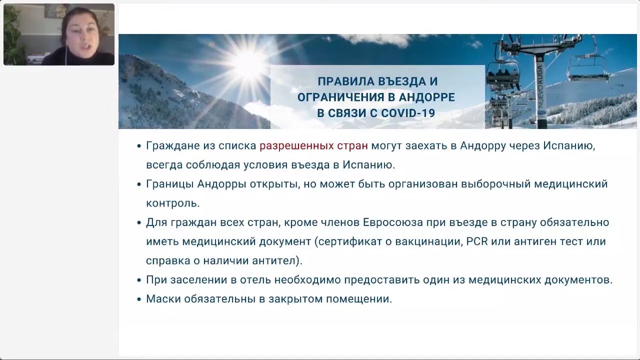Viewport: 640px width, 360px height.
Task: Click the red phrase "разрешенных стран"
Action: (x=313, y=146)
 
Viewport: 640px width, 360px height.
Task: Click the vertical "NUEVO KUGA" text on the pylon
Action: (x=540, y=85)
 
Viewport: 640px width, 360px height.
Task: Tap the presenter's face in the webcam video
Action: (x=81, y=33)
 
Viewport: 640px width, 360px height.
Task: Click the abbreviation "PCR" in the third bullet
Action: (x=477, y=241)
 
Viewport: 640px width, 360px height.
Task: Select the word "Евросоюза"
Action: (x=393, y=222)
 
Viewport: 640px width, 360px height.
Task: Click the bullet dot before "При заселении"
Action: (x=139, y=280)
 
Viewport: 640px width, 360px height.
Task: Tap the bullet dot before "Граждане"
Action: (x=139, y=146)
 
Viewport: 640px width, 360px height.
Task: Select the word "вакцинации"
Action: (x=429, y=241)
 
